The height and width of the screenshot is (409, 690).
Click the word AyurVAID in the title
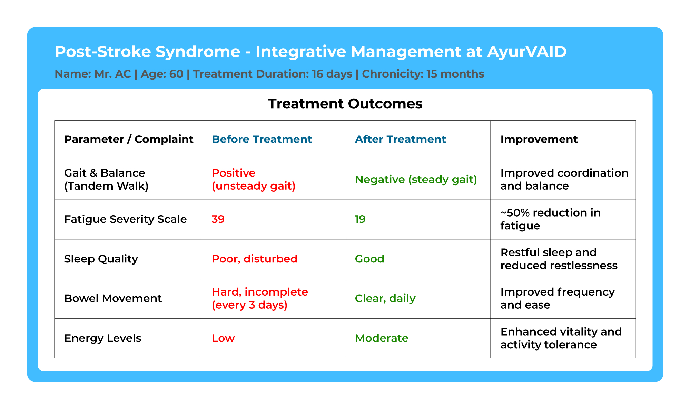coord(527,52)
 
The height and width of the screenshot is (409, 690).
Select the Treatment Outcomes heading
coord(345,104)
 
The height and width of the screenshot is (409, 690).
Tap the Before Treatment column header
coord(262,139)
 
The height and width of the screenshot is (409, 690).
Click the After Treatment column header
coord(400,139)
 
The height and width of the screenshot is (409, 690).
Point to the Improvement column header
coord(539,139)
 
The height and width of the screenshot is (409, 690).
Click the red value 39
coord(218,219)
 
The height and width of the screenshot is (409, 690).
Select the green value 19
coord(360,219)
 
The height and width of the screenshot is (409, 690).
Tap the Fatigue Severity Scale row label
coord(125,219)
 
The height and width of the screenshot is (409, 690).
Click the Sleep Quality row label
coord(101,259)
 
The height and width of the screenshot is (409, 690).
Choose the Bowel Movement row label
coord(113,298)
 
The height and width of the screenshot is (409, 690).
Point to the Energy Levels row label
coord(103,338)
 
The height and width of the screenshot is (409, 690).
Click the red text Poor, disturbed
coord(255,259)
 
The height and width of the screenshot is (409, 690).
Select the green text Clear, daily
coord(385,299)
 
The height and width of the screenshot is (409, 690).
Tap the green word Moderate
coord(382,338)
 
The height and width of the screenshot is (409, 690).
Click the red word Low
coord(223,338)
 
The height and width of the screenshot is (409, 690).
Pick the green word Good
coord(369,259)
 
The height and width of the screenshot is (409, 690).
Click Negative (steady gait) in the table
coord(416,180)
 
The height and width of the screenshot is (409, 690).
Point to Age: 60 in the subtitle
coord(162,74)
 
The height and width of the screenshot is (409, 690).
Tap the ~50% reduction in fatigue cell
coord(551,219)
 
